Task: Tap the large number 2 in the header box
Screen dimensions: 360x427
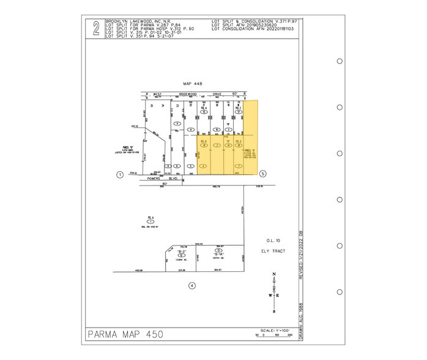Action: (95, 29)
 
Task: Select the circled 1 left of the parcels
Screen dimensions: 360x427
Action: (121, 174)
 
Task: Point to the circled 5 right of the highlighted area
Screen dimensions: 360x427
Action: (263, 174)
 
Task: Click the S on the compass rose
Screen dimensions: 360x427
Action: (274, 310)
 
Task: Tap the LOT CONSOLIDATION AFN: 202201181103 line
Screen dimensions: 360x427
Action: (252, 29)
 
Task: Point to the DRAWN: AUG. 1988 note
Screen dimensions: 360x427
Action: (300, 319)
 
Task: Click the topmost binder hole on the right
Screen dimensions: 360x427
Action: (340, 61)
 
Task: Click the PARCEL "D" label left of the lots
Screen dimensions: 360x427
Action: (144, 146)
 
